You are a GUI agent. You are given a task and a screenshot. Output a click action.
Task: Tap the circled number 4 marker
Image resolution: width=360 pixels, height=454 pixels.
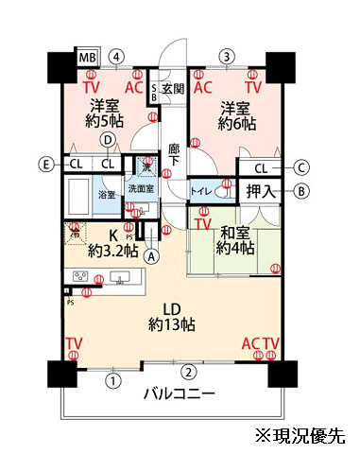116,56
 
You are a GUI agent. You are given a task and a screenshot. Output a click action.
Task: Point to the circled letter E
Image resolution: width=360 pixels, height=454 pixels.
44,164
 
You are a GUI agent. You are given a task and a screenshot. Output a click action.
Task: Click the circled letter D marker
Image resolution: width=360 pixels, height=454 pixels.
109,140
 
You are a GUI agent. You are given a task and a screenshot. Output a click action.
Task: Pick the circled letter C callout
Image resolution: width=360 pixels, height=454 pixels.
301,168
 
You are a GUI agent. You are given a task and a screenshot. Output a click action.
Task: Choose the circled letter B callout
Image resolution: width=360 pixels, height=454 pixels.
301,191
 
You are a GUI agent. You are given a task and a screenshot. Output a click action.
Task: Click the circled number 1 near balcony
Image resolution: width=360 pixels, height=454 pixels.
113,382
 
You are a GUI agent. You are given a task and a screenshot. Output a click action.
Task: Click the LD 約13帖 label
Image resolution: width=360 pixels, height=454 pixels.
173,315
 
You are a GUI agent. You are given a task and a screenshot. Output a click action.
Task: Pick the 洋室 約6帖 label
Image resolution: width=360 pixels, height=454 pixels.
236,113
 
